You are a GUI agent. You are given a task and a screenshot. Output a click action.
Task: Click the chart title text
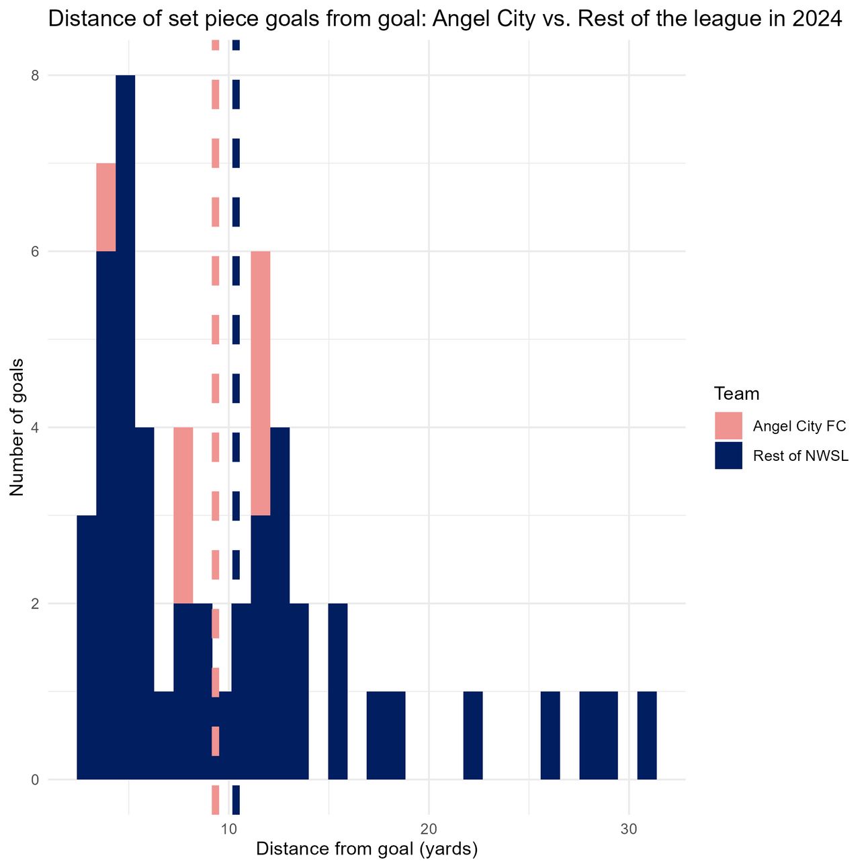445,19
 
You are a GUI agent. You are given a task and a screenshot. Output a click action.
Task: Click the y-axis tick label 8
35,76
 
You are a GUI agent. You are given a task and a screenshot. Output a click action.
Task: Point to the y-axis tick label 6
35,251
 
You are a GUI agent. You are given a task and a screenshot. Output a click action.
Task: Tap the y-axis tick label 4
35,427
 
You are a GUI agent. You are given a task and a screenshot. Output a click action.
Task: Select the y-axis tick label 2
35,603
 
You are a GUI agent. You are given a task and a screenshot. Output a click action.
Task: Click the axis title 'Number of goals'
17,427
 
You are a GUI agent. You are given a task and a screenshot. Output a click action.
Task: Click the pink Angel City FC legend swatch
728,425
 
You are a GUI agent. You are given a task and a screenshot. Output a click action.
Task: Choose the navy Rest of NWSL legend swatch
728,455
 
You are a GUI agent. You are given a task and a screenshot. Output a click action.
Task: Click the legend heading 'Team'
736,394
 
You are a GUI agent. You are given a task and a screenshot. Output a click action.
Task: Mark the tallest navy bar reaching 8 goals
125,427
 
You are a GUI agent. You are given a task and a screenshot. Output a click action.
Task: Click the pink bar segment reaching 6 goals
261,383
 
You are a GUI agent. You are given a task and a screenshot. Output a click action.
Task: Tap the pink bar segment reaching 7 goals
106,207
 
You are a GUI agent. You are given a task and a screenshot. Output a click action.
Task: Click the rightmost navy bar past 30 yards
647,735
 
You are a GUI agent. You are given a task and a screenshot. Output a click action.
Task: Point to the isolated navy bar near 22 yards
473,735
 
